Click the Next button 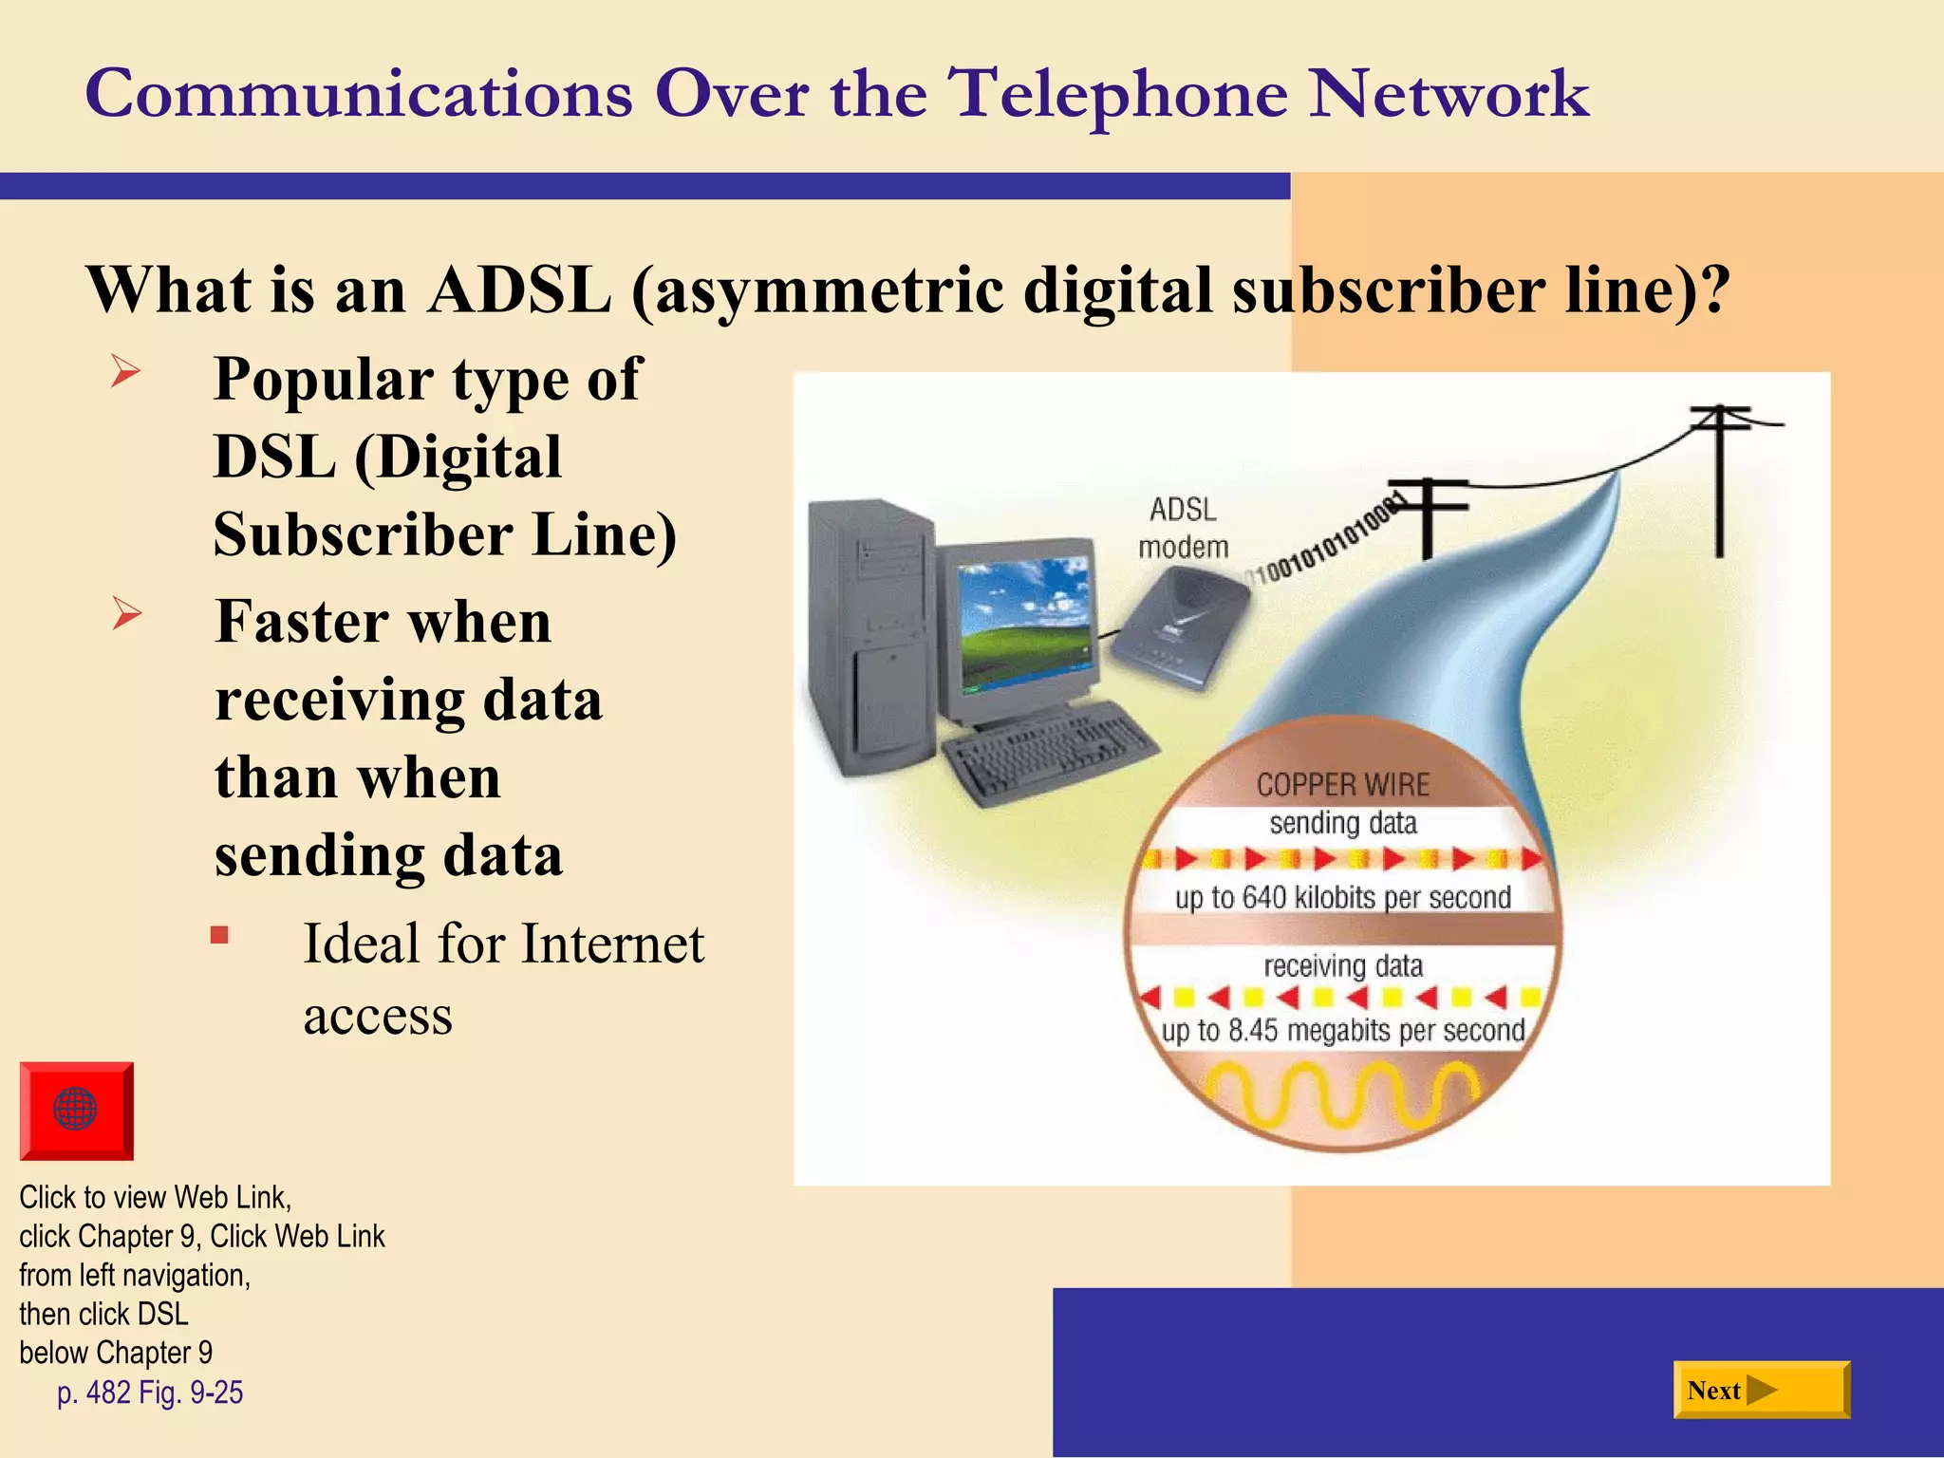click(x=1761, y=1391)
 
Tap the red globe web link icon click(x=76, y=1110)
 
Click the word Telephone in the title click(x=1119, y=94)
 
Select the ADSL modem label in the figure click(x=1183, y=529)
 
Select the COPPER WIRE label click(x=1342, y=785)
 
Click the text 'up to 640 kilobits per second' click(x=1342, y=898)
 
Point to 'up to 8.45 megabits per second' click(x=1342, y=1031)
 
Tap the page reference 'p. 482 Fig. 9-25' click(x=150, y=1393)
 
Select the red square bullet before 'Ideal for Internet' click(x=219, y=936)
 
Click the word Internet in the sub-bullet click(x=612, y=944)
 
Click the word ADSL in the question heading click(x=518, y=289)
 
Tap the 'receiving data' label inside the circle click(x=1342, y=966)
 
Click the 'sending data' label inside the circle click(x=1342, y=823)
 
